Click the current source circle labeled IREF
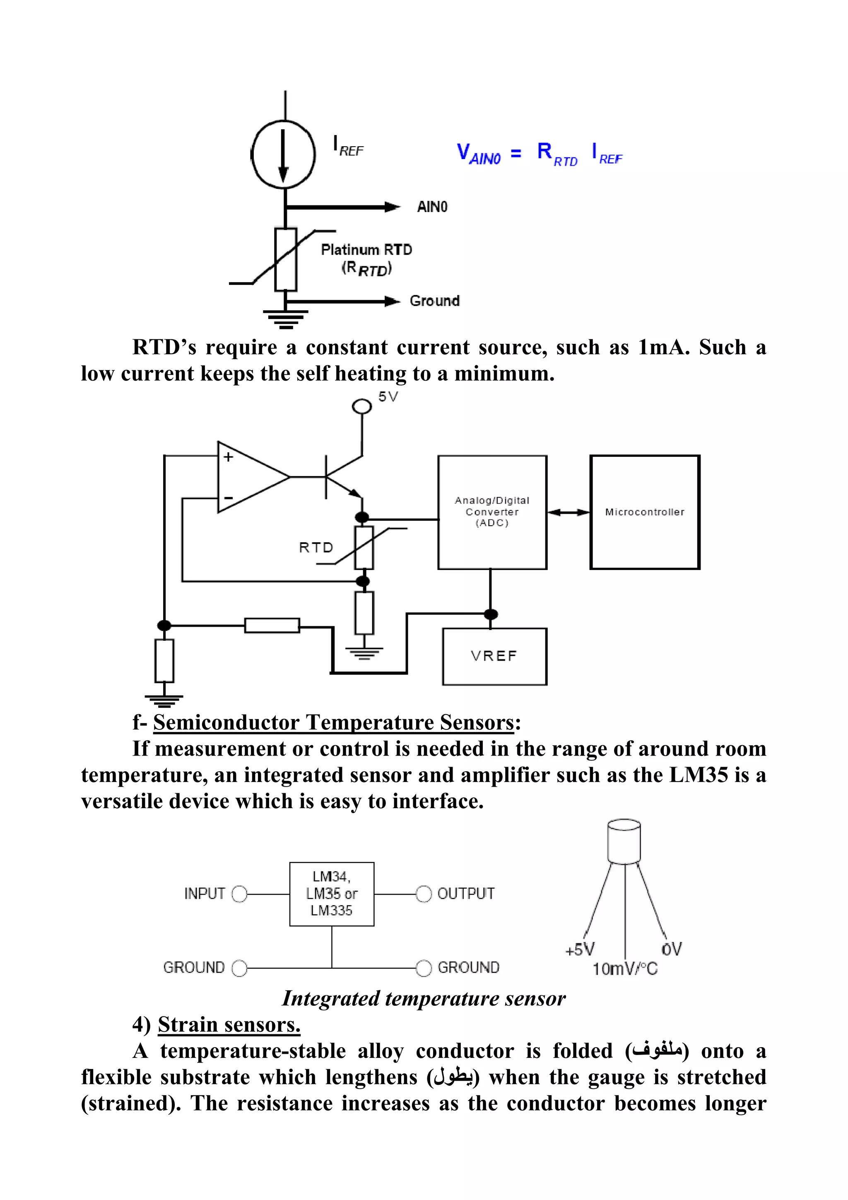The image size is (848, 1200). coord(283,154)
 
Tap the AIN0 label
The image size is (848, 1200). coord(431,207)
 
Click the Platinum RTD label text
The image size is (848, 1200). coord(366,250)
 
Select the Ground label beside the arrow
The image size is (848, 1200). coord(434,301)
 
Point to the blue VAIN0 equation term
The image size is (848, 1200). coord(478,154)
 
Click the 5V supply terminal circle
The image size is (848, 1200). coord(361,406)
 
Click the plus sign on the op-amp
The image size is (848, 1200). coord(228,457)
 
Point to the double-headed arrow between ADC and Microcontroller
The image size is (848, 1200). coord(568,512)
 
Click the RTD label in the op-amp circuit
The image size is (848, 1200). coord(316,547)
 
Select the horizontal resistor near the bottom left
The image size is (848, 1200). coord(272,625)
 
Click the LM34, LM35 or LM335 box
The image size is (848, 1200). coord(332,894)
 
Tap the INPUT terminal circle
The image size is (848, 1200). coord(239,894)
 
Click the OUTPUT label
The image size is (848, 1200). coord(465,894)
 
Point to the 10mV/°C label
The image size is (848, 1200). coord(624,969)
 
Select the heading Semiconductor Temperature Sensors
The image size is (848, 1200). coord(333,722)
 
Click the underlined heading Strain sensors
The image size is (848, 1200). coord(229,1024)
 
